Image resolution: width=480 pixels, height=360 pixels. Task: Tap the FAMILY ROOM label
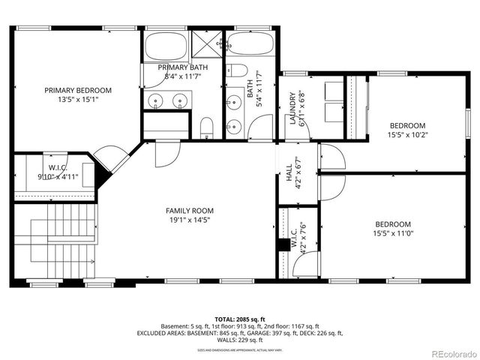(190, 211)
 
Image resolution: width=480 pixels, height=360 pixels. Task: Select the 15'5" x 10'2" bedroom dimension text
(407, 135)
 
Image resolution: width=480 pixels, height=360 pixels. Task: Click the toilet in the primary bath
(207, 127)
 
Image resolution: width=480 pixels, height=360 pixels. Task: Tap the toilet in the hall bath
(238, 72)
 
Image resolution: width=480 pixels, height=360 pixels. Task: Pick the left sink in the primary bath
(157, 100)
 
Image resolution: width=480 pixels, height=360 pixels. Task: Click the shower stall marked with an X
(203, 43)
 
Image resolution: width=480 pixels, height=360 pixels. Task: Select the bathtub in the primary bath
(165, 46)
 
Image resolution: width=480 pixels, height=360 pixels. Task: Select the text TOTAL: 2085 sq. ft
(239, 319)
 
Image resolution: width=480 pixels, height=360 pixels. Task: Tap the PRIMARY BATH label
(182, 67)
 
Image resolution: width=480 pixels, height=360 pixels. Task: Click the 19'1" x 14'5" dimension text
(190, 220)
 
